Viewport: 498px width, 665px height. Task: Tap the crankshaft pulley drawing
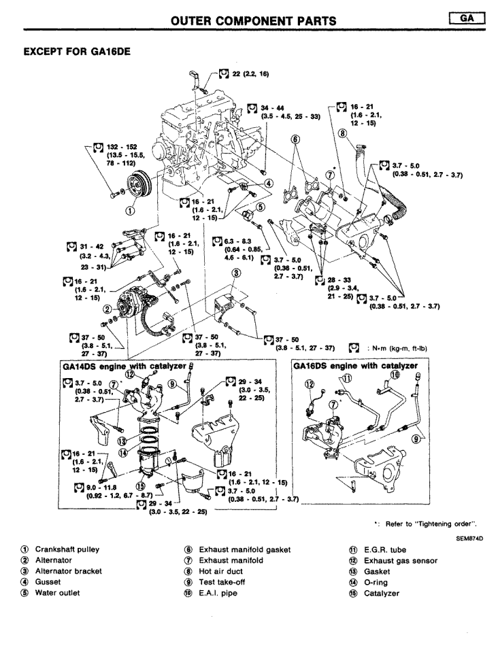tap(129, 186)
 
